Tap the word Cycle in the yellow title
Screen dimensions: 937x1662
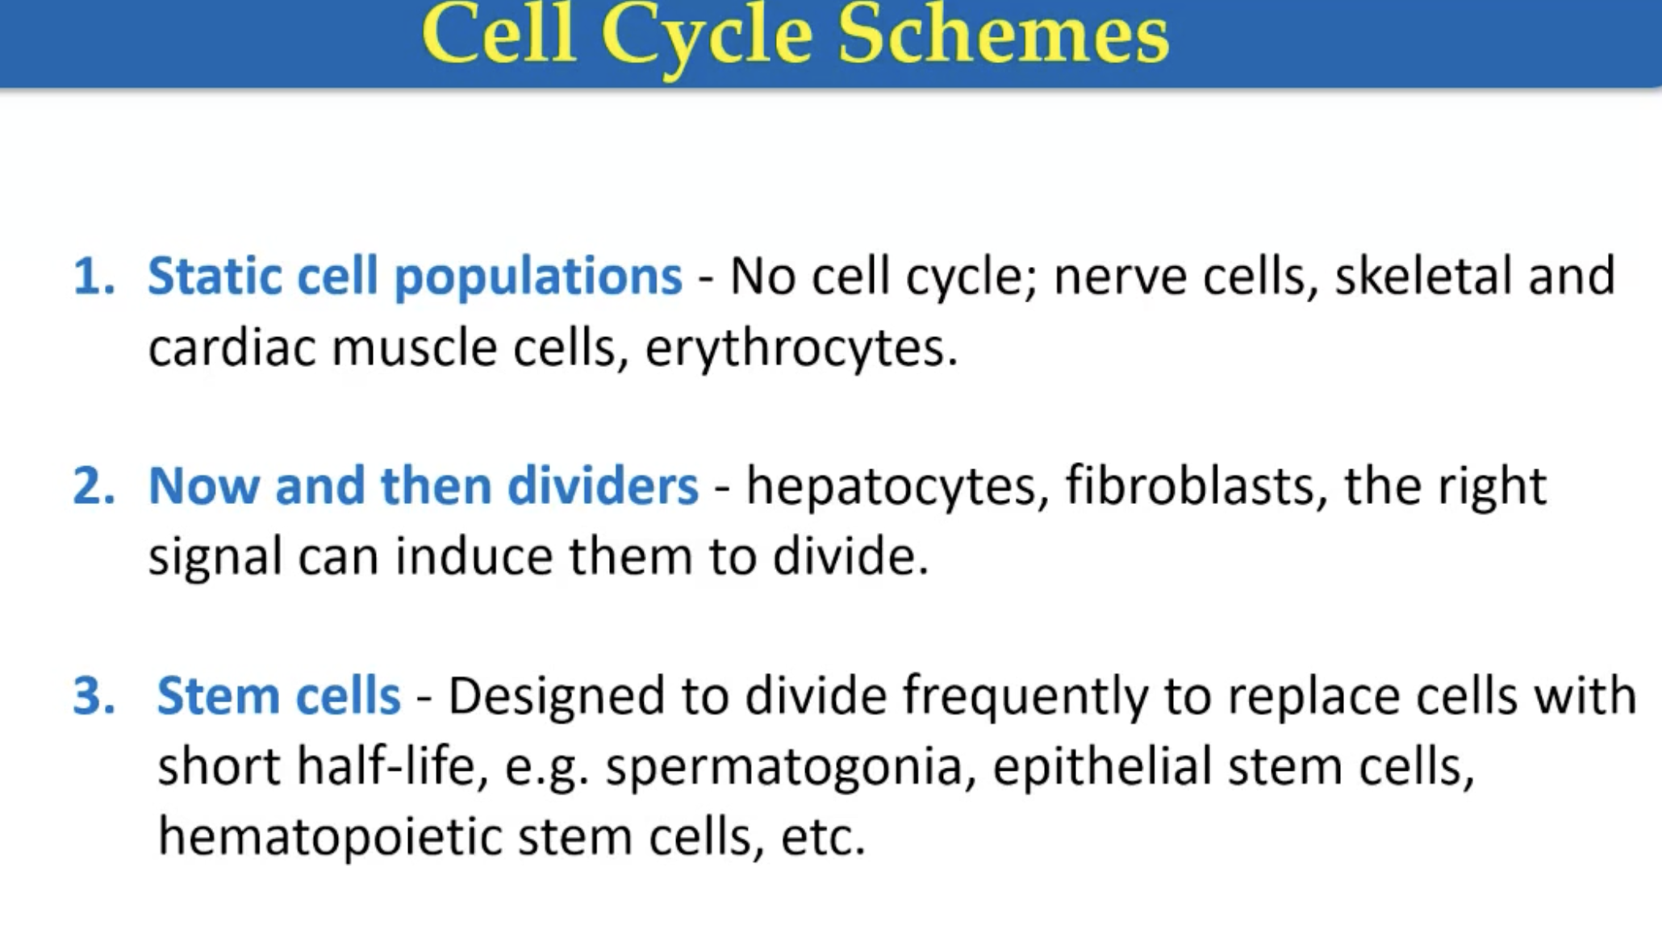(x=705, y=36)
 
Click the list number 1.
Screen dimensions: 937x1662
(x=94, y=277)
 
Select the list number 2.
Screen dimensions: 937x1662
(x=94, y=486)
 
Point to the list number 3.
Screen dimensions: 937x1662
(x=94, y=696)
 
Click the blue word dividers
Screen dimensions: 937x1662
(x=603, y=486)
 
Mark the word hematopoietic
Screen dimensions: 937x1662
(x=330, y=838)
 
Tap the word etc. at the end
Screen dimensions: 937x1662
(x=822, y=838)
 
